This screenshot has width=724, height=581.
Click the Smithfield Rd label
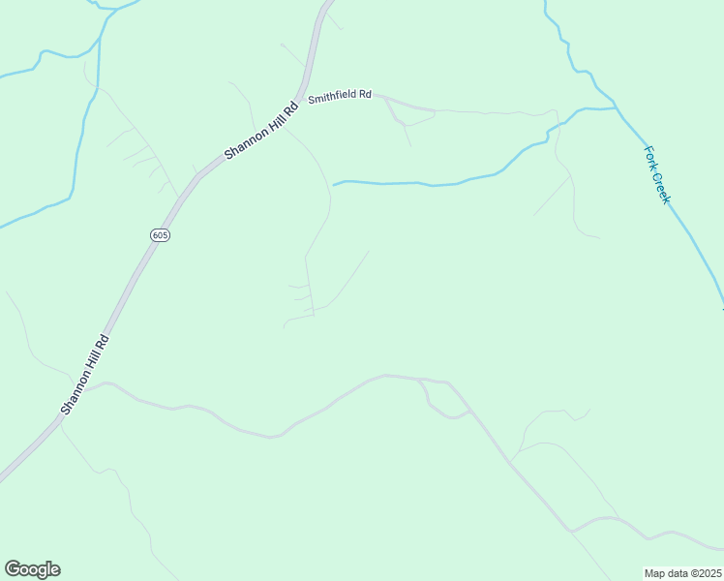340,96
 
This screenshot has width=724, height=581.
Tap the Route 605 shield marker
161,235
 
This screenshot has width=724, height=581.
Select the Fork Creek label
657,174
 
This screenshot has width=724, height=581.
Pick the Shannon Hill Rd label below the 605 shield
85,375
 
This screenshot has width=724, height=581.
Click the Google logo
32,569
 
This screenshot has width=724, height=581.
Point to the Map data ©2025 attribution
682,573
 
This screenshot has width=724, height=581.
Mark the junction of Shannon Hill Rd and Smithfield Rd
303,99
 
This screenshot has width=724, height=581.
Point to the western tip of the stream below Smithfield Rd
334,184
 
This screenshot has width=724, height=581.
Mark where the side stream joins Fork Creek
618,108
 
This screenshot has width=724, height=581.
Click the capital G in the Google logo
13,568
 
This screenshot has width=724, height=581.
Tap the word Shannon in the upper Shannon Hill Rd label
242,143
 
